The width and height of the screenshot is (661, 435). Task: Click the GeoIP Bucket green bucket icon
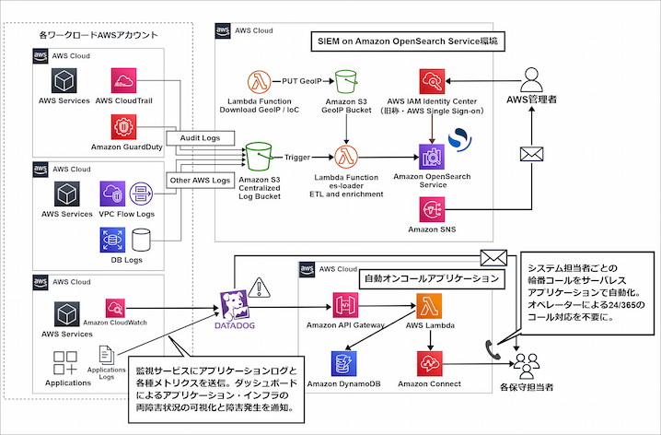(346, 81)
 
